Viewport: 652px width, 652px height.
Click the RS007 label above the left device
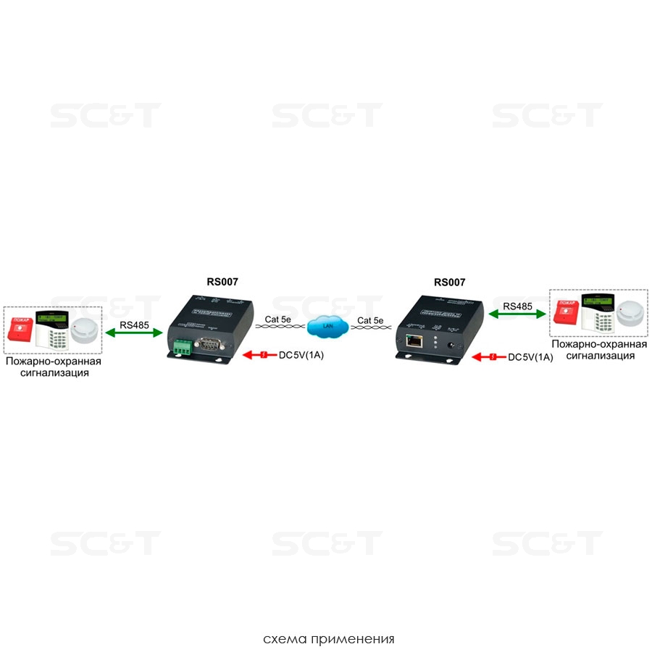click(223, 283)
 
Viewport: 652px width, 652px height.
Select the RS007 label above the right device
click(449, 283)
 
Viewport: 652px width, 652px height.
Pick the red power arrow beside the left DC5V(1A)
click(259, 356)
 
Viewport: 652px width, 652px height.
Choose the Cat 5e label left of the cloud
click(278, 319)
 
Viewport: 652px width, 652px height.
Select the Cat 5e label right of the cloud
click(370, 319)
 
